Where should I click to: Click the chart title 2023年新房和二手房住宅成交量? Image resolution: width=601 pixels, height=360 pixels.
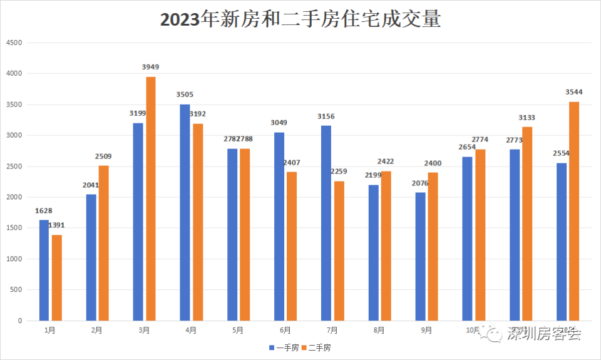coord(300,19)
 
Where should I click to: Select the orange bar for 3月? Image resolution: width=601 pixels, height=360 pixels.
coord(151,198)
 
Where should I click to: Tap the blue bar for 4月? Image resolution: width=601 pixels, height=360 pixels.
coord(185,212)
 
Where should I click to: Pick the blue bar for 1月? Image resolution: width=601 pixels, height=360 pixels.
coord(44,270)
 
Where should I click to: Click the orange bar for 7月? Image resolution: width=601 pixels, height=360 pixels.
coord(339,250)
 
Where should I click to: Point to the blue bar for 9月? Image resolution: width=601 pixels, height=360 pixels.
coord(420,256)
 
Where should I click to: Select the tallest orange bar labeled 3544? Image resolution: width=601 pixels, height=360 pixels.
coord(574,211)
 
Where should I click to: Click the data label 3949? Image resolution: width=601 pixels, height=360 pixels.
coord(151,67)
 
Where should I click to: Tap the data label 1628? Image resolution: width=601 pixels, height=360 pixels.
coord(44,210)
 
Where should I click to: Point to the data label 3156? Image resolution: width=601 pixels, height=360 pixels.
coord(326,116)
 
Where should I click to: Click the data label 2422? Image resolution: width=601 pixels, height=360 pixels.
coord(386,162)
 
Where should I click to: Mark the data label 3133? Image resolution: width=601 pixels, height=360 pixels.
coord(527,118)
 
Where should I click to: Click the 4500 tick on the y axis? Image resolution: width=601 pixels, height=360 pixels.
coord(13,43)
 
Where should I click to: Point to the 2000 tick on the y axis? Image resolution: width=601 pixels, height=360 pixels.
coord(13,197)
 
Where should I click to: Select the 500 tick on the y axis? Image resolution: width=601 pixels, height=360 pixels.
coord(15,290)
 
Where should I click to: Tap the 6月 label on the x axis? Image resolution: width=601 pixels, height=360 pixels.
coord(285,330)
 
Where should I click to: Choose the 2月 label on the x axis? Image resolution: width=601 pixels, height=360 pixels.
coord(96,330)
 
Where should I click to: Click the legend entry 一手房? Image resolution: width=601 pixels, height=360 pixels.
coord(286,347)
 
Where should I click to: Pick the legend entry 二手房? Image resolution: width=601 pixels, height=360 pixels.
coord(319,347)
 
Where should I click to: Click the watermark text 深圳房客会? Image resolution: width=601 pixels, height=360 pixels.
coord(544,334)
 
